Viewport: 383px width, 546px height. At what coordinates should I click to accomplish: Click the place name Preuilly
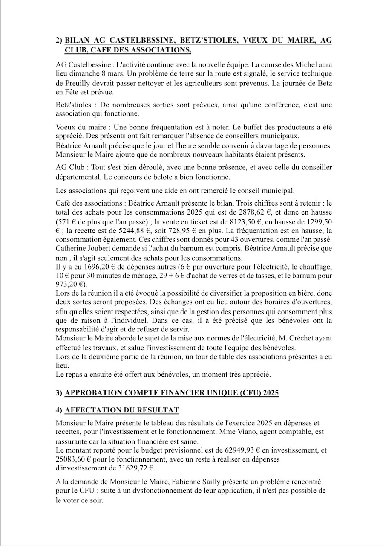coord(79,83)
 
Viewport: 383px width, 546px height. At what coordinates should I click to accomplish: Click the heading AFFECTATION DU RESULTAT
coord(121,410)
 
